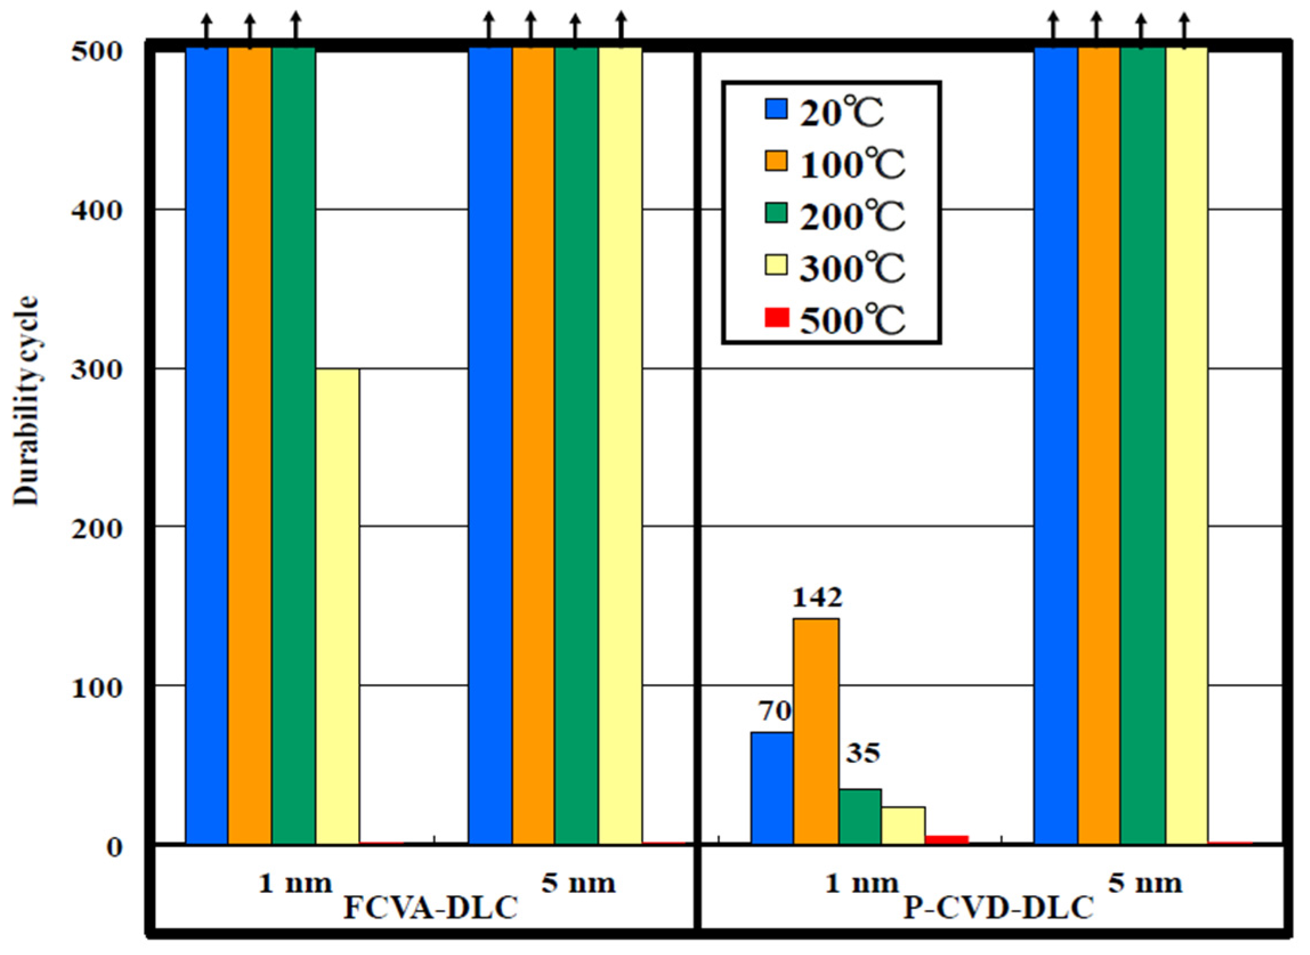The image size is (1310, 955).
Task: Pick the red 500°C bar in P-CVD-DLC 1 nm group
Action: (947, 839)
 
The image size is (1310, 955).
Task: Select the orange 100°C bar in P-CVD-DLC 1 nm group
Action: (816, 732)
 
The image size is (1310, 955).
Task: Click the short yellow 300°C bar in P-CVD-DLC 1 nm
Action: (903, 825)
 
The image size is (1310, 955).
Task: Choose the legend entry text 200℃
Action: (852, 216)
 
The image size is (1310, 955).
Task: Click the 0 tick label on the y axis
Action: (115, 848)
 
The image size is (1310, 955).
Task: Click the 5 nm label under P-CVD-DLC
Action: (1145, 883)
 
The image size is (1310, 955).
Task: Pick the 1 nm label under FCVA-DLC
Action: (295, 883)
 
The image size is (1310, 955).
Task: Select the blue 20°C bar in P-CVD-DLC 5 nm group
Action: (1056, 445)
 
